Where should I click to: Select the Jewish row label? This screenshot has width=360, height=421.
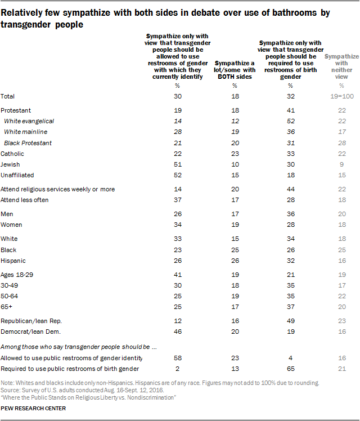11,164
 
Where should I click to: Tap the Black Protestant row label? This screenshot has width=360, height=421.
28,143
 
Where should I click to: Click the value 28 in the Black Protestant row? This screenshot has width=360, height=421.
341,143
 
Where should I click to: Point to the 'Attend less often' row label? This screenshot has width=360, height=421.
25,200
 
